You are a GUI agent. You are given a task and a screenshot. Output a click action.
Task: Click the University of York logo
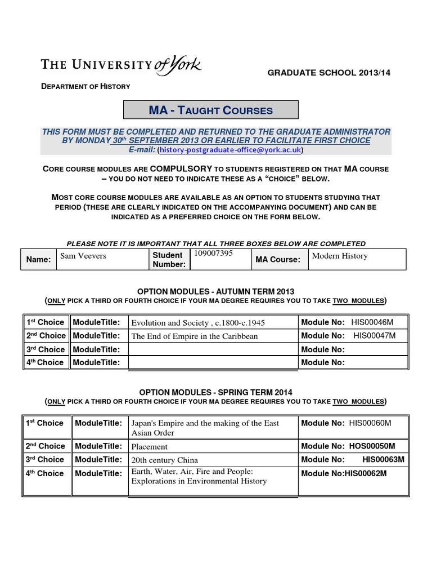pos(121,65)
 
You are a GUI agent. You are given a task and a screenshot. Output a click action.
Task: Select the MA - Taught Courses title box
pos(210,110)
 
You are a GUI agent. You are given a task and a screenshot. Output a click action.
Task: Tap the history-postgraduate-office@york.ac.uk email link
pos(230,150)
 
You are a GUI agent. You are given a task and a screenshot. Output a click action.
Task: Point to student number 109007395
pos(213,254)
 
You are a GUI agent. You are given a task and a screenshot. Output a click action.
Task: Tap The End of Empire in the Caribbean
pos(194,336)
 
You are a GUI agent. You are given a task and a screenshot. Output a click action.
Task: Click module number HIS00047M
pos(374,336)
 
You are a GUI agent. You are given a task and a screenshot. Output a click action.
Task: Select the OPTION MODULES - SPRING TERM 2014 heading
pos(215,392)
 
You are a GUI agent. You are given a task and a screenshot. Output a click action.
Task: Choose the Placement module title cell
pos(149,446)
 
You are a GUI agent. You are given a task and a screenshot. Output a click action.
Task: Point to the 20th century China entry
pos(164,460)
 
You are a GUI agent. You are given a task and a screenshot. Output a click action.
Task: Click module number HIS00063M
pos(383,459)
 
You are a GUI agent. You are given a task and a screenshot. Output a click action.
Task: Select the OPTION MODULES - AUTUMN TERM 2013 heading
pos(215,291)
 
